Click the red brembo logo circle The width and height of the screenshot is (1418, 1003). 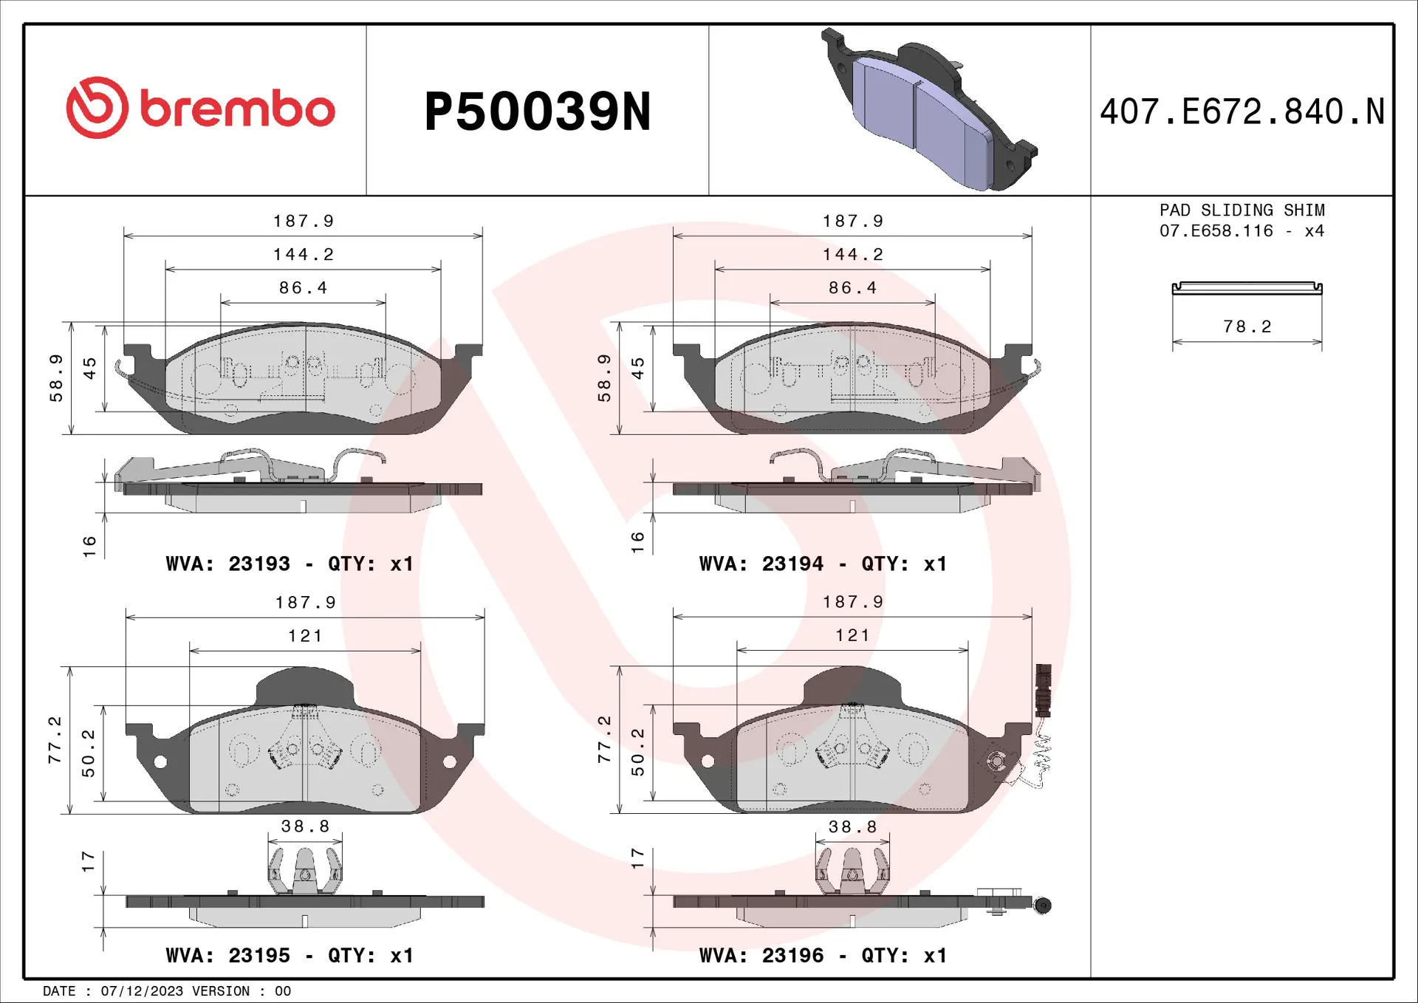click(x=97, y=108)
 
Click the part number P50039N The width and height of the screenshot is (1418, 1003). click(x=537, y=112)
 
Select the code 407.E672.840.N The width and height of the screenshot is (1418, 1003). click(x=1241, y=112)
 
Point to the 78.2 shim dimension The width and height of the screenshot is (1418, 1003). click(x=1247, y=326)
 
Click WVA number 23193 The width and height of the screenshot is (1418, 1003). click(x=258, y=564)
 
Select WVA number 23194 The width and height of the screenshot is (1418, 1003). click(x=792, y=564)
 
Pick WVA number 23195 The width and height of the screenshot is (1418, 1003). click(x=258, y=955)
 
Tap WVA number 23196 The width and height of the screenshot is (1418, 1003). click(x=792, y=955)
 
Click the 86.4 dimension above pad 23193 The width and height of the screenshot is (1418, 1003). click(x=303, y=287)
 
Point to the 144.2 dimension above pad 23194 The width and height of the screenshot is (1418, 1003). click(x=852, y=254)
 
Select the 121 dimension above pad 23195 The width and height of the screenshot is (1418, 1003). click(x=304, y=635)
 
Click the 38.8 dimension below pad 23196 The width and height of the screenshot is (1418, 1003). click(x=852, y=826)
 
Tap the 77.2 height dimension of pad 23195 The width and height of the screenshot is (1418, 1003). click(x=55, y=739)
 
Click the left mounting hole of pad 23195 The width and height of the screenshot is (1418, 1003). click(x=160, y=761)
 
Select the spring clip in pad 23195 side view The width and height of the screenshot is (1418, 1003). click(x=304, y=869)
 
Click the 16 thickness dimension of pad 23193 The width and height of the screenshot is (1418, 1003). click(x=89, y=546)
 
